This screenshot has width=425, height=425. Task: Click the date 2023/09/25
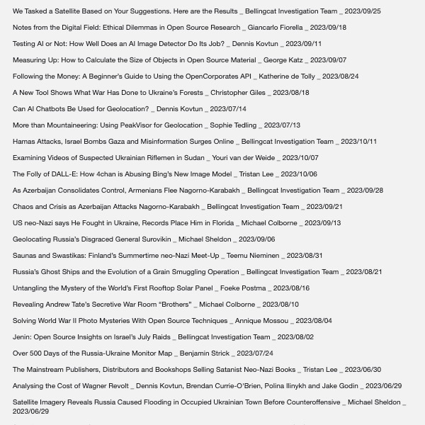tap(363, 11)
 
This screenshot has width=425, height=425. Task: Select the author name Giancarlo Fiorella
tap(275, 28)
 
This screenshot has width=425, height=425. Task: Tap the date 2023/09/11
tap(303, 44)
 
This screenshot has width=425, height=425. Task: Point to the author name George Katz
tap(283, 60)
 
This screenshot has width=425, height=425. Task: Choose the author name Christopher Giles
tap(238, 93)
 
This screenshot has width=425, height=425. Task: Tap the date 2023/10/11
tap(358, 142)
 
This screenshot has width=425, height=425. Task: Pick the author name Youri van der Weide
tap(244, 158)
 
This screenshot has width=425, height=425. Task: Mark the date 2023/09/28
tap(365, 191)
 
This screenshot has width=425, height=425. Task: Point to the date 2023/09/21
tap(324, 207)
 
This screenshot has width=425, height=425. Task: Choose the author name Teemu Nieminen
tap(253, 256)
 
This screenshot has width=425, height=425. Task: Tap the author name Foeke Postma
tap(243, 288)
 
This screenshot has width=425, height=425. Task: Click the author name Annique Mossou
tap(261, 321)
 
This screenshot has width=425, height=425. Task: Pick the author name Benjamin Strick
tap(205, 353)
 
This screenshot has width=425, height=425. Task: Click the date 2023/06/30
tap(363, 370)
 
